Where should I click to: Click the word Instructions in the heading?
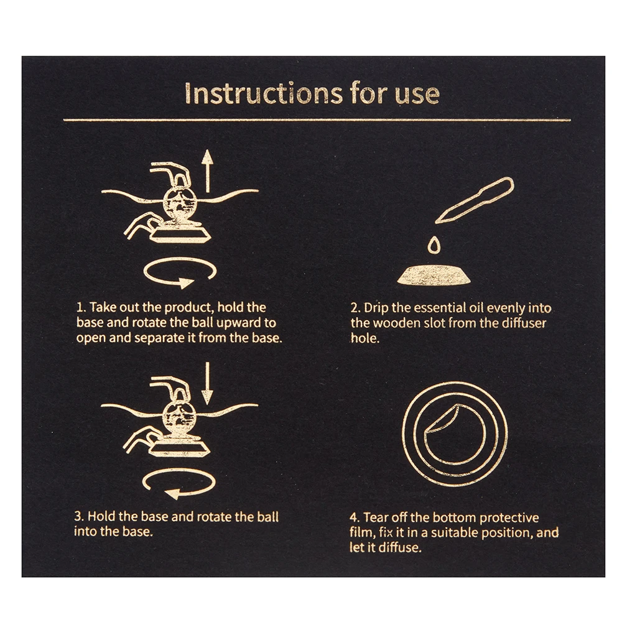[263, 93]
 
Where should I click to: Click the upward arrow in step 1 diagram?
[207, 172]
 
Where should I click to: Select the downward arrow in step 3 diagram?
[207, 384]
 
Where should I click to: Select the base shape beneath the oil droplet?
[434, 275]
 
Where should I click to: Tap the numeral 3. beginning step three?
[79, 516]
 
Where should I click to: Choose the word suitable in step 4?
[455, 533]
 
